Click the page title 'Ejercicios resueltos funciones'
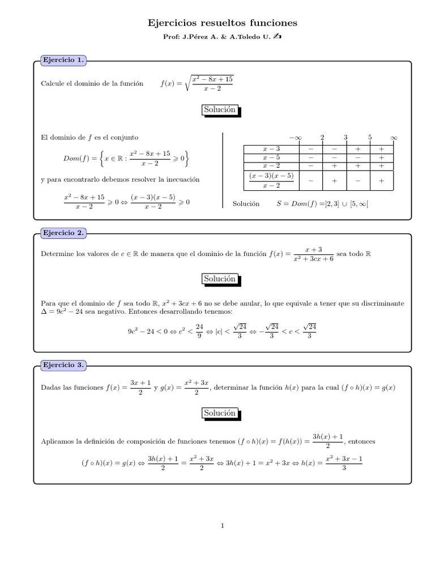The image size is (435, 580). tap(222, 23)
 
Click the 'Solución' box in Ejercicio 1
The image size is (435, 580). tap(219, 110)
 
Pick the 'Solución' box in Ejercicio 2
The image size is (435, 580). tap(219, 279)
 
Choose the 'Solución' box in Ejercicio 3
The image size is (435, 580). tap(219, 413)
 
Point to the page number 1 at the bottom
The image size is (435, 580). tap(223, 526)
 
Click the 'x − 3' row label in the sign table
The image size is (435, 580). tap(271, 149)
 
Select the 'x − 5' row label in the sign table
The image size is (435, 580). tap(271, 157)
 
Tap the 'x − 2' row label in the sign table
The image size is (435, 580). tap(271, 166)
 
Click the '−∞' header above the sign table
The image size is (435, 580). tap(295, 138)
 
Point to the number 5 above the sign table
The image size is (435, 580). tap(369, 138)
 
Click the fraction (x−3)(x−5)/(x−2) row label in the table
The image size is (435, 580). tap(271, 180)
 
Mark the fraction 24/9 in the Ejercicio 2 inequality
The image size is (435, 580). tap(199, 331)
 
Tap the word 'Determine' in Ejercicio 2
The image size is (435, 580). tap(57, 254)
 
